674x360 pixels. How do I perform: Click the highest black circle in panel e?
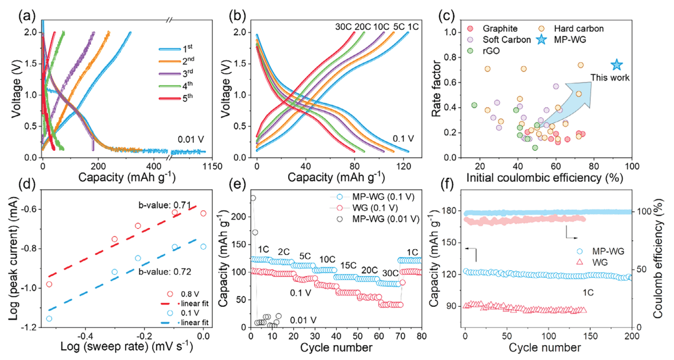tap(253, 198)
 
